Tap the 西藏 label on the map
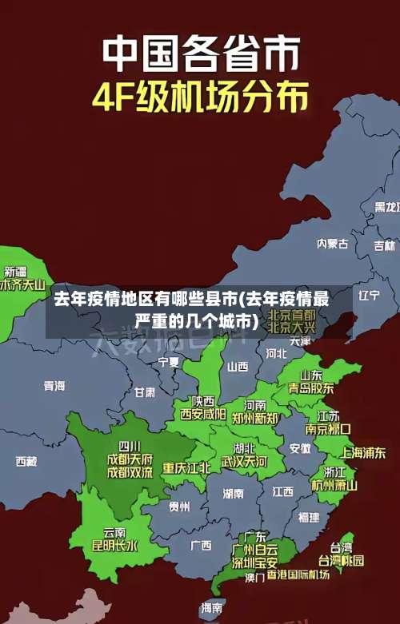click(x=26, y=461)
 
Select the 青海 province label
click(x=54, y=386)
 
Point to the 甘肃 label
click(x=145, y=392)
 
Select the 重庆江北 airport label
click(x=186, y=467)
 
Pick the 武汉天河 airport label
click(x=244, y=462)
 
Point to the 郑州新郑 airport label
click(x=255, y=418)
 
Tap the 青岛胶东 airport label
click(x=311, y=388)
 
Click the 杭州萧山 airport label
click(x=334, y=485)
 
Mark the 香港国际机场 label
click(x=298, y=575)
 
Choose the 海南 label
click(x=212, y=608)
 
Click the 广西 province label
click(x=201, y=545)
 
